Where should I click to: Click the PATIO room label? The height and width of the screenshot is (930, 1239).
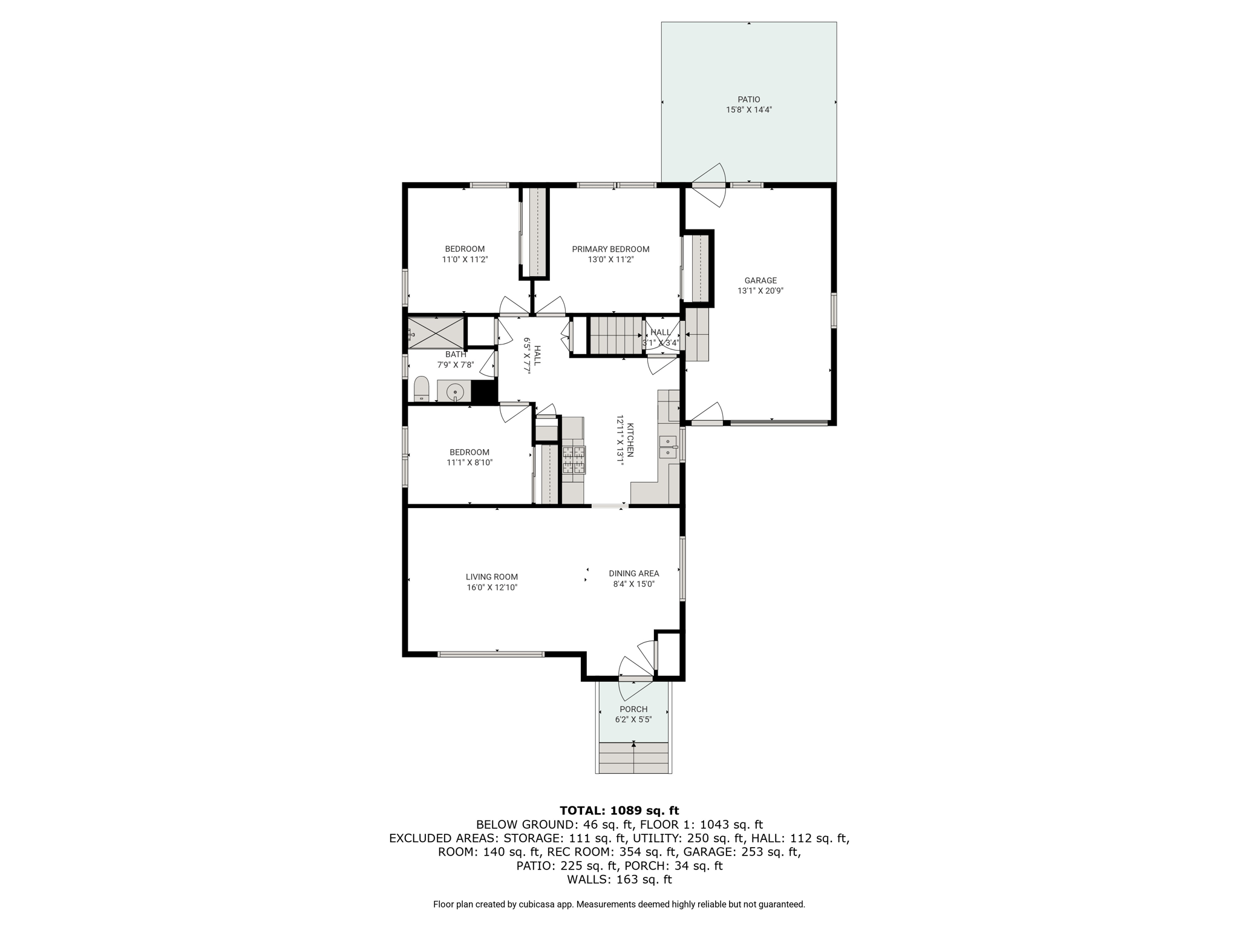748,99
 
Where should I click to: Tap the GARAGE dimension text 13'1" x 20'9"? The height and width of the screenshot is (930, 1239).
760,291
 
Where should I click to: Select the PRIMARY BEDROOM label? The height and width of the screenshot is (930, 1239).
610,249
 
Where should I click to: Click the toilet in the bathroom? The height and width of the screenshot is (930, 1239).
421,389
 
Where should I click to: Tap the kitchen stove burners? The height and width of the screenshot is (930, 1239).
574,459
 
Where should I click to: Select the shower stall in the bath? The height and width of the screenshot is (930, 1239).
436,333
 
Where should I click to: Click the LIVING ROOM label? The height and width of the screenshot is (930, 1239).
492,577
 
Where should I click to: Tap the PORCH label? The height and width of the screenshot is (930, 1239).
633,709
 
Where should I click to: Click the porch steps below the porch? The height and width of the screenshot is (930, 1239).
633,757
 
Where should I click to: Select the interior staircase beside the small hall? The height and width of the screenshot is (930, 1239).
615,335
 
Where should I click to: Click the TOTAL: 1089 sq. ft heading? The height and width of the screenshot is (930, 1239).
619,810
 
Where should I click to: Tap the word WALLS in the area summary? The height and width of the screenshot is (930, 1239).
587,879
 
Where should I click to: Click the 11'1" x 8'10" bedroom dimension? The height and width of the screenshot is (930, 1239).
469,463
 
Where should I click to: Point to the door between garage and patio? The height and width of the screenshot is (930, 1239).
708,185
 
